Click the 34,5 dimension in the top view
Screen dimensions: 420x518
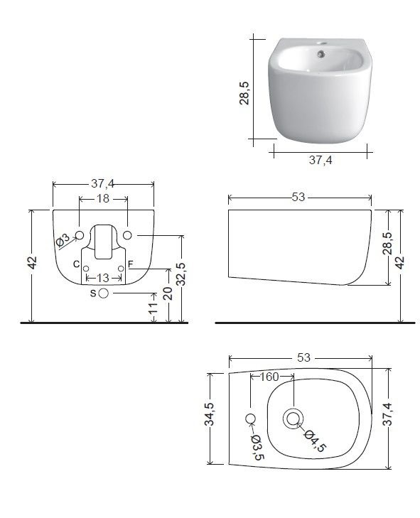[x=210, y=414]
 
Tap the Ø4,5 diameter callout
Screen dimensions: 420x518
[x=316, y=441]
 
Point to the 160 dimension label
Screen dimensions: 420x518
[x=269, y=377]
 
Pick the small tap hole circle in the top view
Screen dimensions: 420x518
[x=251, y=419]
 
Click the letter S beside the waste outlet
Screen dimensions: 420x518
[x=93, y=293]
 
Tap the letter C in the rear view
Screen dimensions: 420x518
[x=76, y=264]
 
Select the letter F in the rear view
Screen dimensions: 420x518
[x=131, y=264]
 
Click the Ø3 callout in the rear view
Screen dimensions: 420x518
[x=63, y=240]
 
